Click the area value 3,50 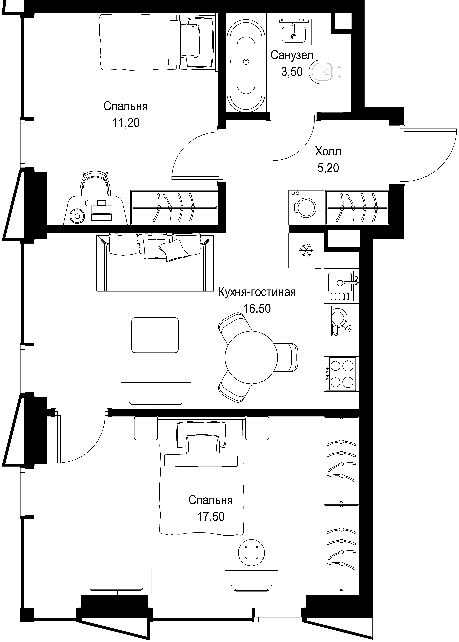(292, 72)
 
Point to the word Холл (328, 151)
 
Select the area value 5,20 (328, 168)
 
